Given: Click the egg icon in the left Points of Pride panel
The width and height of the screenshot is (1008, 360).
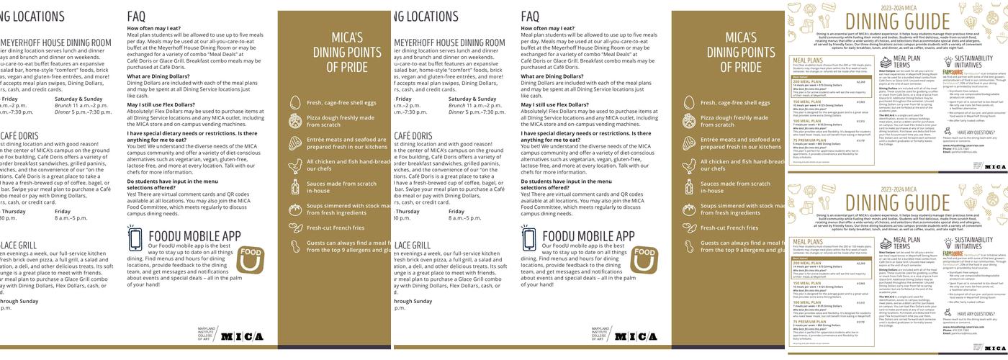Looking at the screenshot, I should point(294,102).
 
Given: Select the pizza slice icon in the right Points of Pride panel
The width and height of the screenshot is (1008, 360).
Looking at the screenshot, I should point(688,121).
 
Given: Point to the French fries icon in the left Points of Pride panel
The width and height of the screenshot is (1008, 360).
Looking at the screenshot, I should point(294,228).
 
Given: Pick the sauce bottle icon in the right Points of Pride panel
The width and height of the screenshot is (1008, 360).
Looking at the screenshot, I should point(688,187).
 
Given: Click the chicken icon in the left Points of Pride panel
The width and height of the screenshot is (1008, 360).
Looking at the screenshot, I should point(294,166).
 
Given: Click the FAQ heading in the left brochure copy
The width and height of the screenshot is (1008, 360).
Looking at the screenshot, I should point(137,16).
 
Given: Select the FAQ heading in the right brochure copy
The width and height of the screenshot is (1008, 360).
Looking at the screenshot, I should point(531,16).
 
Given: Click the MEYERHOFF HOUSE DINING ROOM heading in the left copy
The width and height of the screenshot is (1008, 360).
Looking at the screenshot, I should point(56,43).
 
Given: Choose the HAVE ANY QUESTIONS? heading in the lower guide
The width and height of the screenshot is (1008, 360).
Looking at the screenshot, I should point(976,314).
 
